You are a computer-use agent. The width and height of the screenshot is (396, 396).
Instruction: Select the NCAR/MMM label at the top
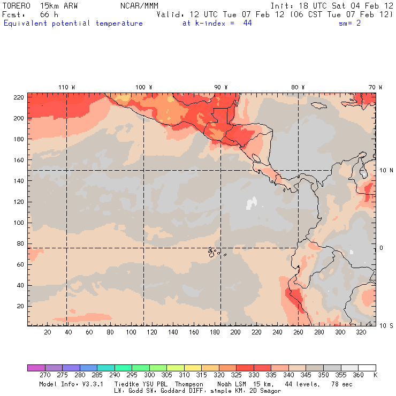pos(139,5)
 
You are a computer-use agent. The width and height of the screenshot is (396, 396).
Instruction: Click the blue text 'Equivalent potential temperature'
pos(73,23)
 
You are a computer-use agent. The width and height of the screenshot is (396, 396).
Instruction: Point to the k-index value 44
pos(247,23)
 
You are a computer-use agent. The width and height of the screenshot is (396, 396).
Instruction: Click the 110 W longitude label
pos(66,87)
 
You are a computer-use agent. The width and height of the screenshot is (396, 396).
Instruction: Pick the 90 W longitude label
pos(220,87)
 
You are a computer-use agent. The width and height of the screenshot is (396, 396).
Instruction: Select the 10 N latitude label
pos(386,170)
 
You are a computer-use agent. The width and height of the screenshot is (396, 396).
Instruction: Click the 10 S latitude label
pos(386,325)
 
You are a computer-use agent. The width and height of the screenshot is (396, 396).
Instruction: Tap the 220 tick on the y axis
pos(18,97)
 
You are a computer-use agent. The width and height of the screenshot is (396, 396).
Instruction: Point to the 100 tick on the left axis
pos(18,223)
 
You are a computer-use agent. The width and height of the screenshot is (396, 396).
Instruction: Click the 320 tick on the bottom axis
pos(361,332)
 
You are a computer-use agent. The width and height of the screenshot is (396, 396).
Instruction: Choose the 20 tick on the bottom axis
pos(48,332)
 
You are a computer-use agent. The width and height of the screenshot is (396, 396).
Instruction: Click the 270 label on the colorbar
pos(45,375)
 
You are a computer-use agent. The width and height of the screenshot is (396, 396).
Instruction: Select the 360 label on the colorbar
pos(358,375)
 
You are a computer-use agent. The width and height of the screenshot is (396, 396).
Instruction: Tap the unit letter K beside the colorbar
pos(375,375)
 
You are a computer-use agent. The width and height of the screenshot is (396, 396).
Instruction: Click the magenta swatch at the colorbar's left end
pos(36,368)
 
